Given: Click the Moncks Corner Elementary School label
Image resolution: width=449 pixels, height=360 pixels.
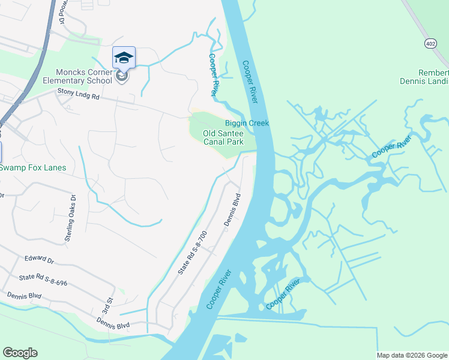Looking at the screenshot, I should click(76, 76).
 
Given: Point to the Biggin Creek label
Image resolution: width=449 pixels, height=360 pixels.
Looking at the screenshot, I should click(247, 124).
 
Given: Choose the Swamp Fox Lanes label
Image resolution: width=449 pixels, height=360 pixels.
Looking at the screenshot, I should click(33, 167).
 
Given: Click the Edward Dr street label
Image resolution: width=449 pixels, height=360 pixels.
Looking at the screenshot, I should click(40, 259).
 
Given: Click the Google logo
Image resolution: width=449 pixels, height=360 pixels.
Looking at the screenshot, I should click(20, 353).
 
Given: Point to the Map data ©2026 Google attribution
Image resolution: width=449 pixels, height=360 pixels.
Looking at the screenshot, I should click(411, 355).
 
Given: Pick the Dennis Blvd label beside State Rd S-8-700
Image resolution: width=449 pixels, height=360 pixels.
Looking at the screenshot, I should click(232, 209).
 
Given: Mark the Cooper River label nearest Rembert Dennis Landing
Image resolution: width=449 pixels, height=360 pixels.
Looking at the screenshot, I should click(391, 146).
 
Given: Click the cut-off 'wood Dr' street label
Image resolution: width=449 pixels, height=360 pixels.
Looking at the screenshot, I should click(62, 12).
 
